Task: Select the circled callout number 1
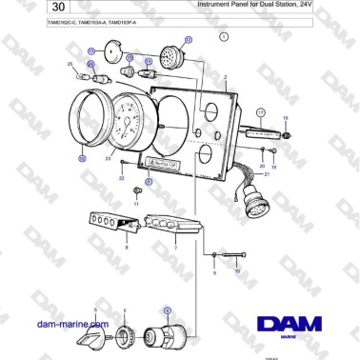(x=224, y=36)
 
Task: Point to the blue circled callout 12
(x=188, y=40)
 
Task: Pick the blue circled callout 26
(x=82, y=158)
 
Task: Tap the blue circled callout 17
(x=259, y=111)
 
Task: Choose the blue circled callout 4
(x=168, y=310)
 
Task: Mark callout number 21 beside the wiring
(x=268, y=175)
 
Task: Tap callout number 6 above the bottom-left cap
(x=96, y=310)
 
